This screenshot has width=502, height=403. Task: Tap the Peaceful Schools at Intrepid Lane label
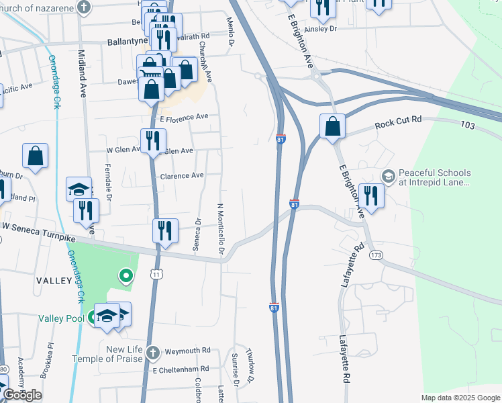434,177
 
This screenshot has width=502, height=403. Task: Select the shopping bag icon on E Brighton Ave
332,126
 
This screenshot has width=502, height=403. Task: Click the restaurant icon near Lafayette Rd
371,195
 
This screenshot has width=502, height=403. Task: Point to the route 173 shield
376,255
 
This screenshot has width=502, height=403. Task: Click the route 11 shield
156,273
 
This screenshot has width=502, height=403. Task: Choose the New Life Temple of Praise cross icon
153,353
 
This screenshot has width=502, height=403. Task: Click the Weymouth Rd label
188,351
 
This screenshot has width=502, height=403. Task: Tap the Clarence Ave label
181,176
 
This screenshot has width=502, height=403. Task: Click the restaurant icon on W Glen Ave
153,140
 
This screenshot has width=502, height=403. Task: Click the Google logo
23,395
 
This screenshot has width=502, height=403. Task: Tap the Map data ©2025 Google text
460,398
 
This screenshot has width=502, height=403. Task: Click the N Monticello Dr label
220,228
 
